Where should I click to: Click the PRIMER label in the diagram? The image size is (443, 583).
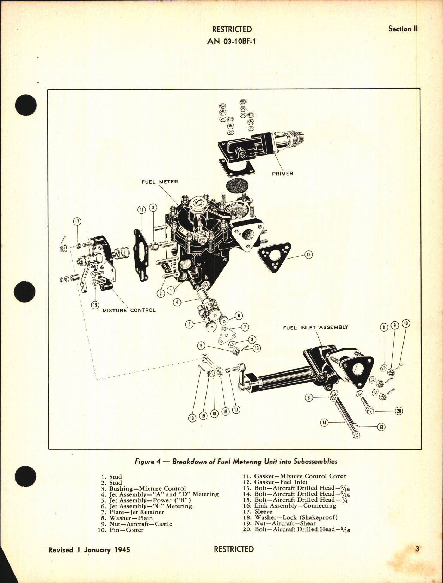coord(282,174)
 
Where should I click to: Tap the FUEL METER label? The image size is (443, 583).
coord(160,182)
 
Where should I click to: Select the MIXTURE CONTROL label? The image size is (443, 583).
coord(129,310)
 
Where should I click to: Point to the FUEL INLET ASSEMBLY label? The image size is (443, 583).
coord(315,327)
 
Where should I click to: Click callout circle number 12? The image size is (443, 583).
coord(308,254)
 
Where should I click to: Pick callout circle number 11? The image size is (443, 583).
coord(141,210)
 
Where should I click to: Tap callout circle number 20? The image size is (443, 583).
coord(399,411)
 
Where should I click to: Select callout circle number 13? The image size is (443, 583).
coord(381,427)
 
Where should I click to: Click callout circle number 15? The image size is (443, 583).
coord(95,305)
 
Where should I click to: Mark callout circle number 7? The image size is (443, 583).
coord(245,327)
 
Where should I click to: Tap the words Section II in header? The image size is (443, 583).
coord(402,29)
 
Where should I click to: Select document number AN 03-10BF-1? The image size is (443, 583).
coord(232,41)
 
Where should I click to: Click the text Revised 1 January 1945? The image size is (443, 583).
coord(89,550)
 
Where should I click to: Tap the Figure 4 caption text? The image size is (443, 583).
coord(236,462)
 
